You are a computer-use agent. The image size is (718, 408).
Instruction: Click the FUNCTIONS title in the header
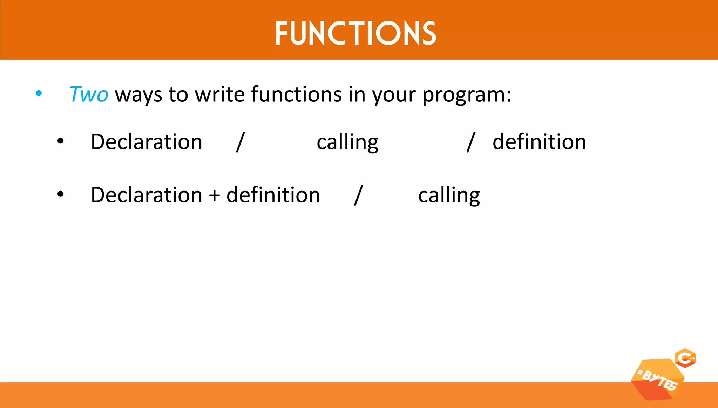355,33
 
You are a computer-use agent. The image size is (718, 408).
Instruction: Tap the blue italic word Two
89,94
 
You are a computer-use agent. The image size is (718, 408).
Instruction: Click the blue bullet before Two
39,93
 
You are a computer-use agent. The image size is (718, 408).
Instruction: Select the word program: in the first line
467,95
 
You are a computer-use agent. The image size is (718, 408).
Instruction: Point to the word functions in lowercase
296,94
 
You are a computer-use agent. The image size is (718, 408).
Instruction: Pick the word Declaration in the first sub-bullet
146,142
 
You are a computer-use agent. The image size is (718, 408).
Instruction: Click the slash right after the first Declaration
240,142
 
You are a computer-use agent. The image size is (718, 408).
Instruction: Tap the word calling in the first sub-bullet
347,142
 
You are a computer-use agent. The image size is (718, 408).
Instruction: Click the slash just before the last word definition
470,142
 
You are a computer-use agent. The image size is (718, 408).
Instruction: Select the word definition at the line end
539,142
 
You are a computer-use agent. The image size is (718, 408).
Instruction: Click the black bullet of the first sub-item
61,141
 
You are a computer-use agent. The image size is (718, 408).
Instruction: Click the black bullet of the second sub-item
61,194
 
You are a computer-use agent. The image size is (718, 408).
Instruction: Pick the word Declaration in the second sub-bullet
146,195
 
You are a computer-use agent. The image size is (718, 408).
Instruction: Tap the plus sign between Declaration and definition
214,195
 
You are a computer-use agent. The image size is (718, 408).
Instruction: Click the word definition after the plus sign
273,195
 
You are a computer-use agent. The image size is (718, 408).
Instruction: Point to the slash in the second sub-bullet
358,195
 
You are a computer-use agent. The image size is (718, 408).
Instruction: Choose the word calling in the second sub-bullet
449,195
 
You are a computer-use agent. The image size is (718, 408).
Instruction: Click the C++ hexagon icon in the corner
685,358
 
